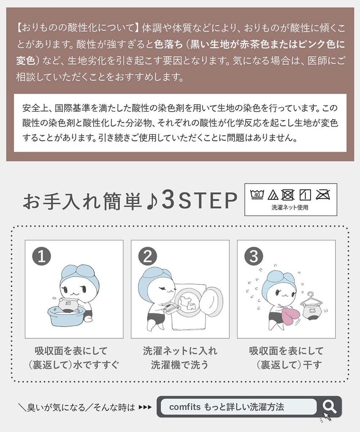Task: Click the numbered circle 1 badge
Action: click(x=42, y=256)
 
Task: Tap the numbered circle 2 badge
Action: click(x=148, y=256)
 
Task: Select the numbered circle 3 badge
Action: click(x=254, y=256)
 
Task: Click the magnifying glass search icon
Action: click(x=329, y=407)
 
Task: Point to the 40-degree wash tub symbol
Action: click(x=257, y=194)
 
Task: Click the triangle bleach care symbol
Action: click(x=273, y=195)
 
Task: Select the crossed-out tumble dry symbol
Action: click(x=288, y=195)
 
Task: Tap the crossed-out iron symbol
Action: click(x=323, y=195)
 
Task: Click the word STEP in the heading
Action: click(x=208, y=201)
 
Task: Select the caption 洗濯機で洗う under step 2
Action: click(x=180, y=365)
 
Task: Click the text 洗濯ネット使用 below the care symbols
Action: click(x=290, y=208)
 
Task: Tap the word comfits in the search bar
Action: click(x=185, y=407)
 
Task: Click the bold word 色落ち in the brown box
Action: click(x=168, y=44)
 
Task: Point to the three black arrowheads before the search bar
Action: click(x=145, y=407)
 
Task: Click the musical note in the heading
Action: click(x=152, y=201)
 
